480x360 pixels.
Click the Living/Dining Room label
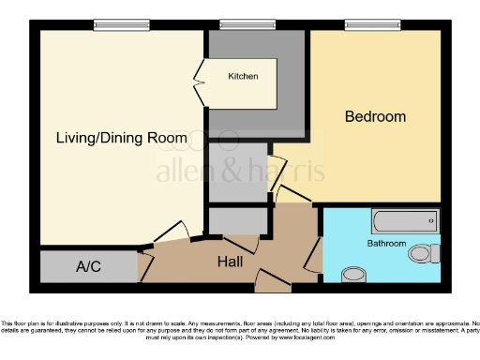click(x=121, y=138)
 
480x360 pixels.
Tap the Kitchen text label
click(x=243, y=76)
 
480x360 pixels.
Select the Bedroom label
click(x=375, y=116)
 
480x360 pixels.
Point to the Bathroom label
click(x=386, y=243)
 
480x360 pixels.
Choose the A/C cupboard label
click(x=88, y=267)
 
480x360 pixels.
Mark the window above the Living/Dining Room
click(x=121, y=25)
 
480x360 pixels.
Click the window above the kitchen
click(x=242, y=25)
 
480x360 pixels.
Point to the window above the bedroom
click(x=366, y=25)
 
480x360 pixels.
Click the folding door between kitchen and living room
click(x=199, y=82)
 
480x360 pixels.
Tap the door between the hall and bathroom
click(x=314, y=250)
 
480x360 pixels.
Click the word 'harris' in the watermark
click(x=292, y=172)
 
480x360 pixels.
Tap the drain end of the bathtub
click(x=431, y=221)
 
